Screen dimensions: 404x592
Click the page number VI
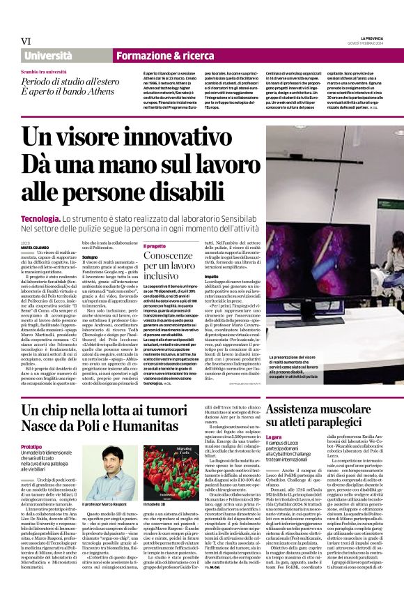pos(26,41)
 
